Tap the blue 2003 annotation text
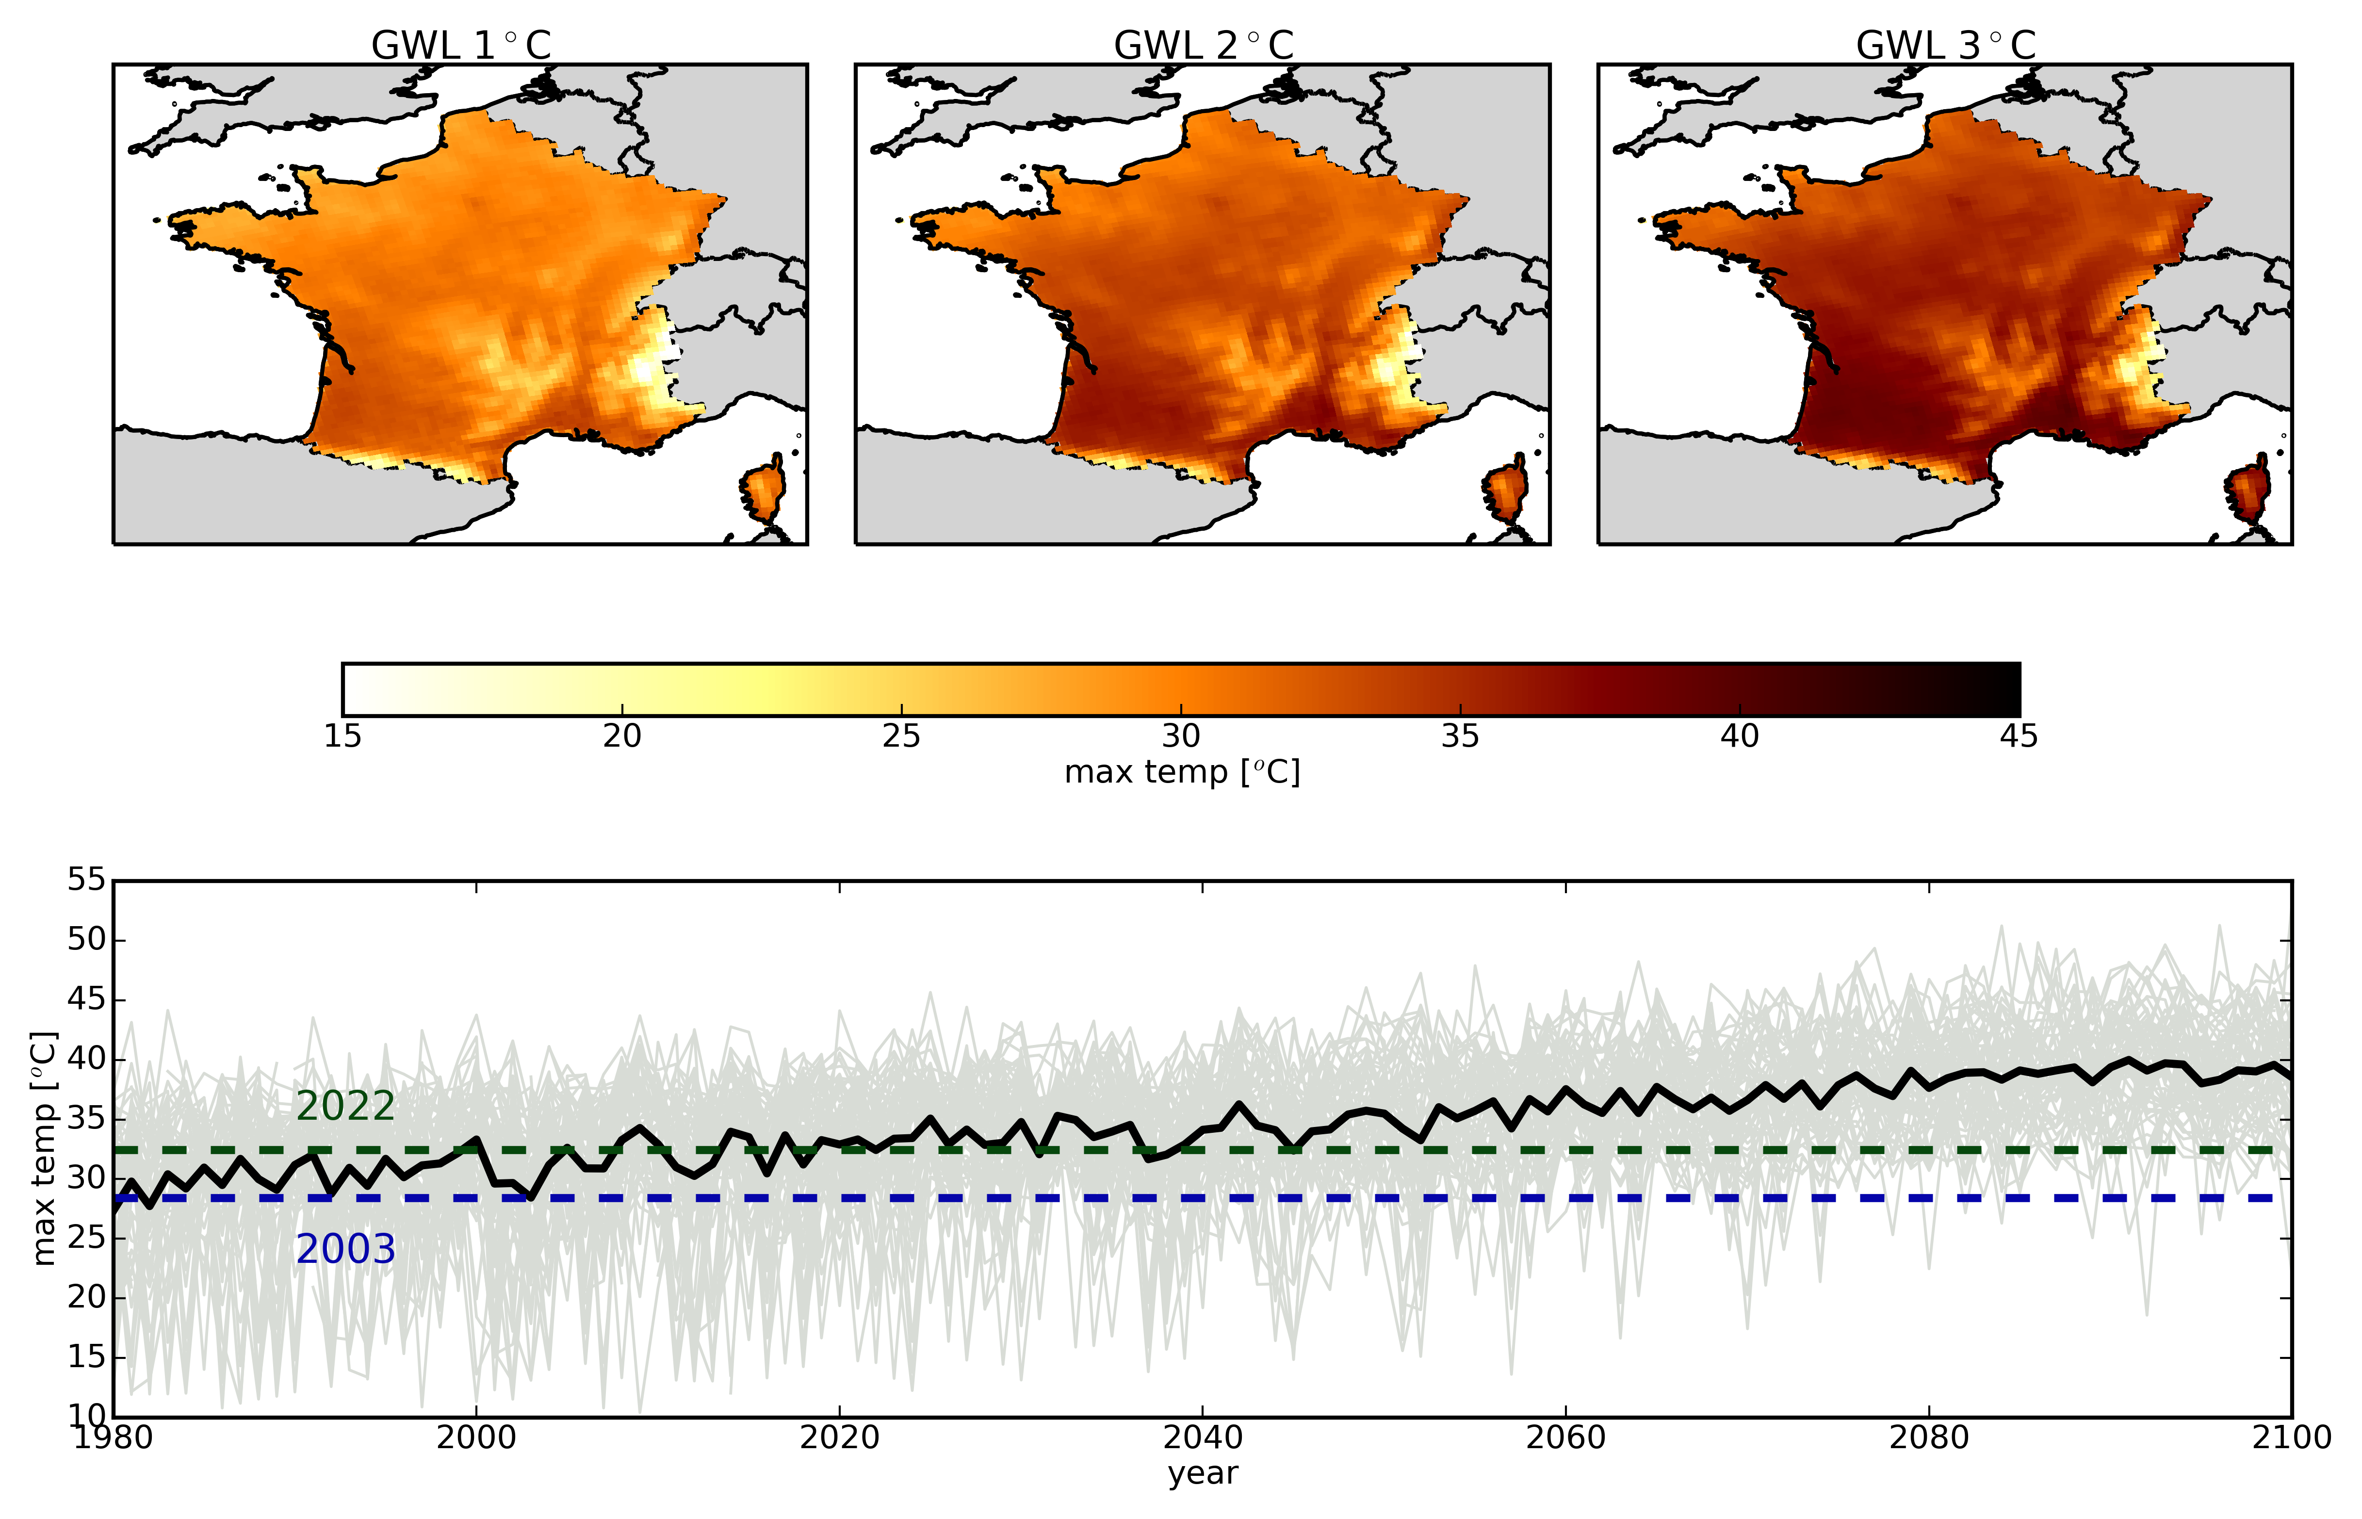[345, 1250]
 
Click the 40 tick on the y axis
[87, 1060]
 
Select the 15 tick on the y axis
[87, 1357]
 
